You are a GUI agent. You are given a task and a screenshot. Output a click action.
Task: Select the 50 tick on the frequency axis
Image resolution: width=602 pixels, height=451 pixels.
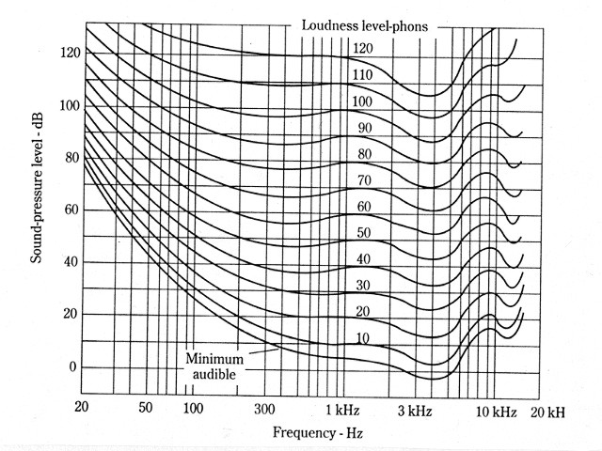[x=144, y=409]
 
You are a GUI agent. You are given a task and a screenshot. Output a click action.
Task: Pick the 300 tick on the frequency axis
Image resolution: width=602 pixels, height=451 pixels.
[x=265, y=410]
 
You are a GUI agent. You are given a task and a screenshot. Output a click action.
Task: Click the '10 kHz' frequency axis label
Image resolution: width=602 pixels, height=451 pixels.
[x=495, y=411]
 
